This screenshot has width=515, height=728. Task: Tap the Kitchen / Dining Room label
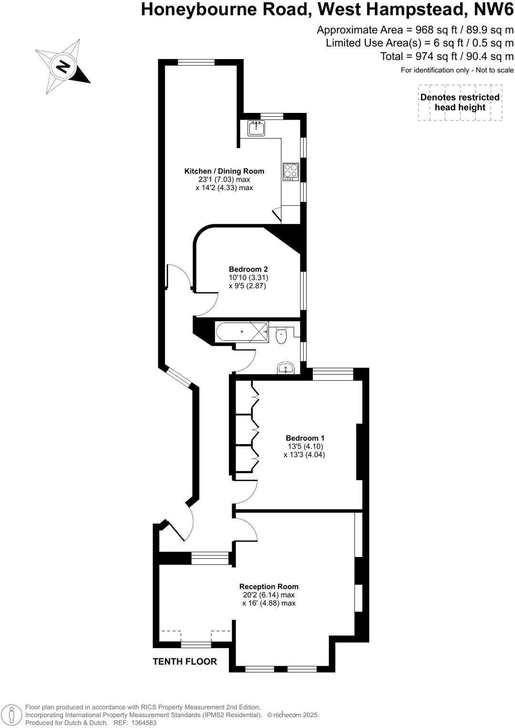224,171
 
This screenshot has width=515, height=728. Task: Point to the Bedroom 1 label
305,438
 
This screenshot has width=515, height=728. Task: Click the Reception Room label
269,587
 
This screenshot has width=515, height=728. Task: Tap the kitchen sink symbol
257,128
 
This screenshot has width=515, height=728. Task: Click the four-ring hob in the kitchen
290,172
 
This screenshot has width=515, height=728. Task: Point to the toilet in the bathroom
281,335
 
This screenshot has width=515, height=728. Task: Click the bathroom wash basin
287,368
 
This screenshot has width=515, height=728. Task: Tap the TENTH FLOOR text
185,661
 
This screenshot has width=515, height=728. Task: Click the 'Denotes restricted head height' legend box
460,102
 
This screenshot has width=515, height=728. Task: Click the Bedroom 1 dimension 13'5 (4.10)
305,446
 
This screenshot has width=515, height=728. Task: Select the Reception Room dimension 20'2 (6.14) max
269,595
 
